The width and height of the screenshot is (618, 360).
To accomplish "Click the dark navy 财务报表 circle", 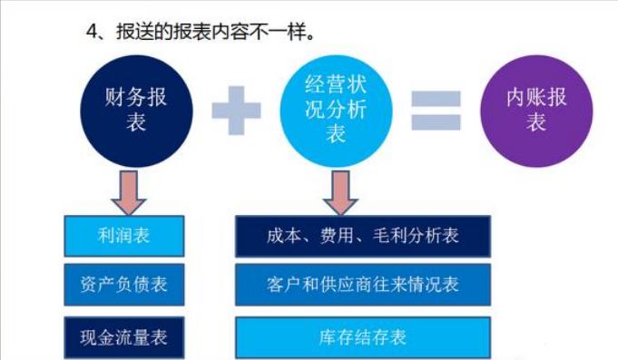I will [137, 108].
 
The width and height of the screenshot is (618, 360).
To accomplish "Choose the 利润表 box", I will [124, 236].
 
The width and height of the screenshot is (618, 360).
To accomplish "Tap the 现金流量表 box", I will [124, 336].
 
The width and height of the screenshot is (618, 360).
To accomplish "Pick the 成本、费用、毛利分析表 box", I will [363, 236].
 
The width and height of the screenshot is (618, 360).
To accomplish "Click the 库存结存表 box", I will [363, 336].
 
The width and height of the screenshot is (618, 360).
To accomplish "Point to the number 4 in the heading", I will [92, 31].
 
